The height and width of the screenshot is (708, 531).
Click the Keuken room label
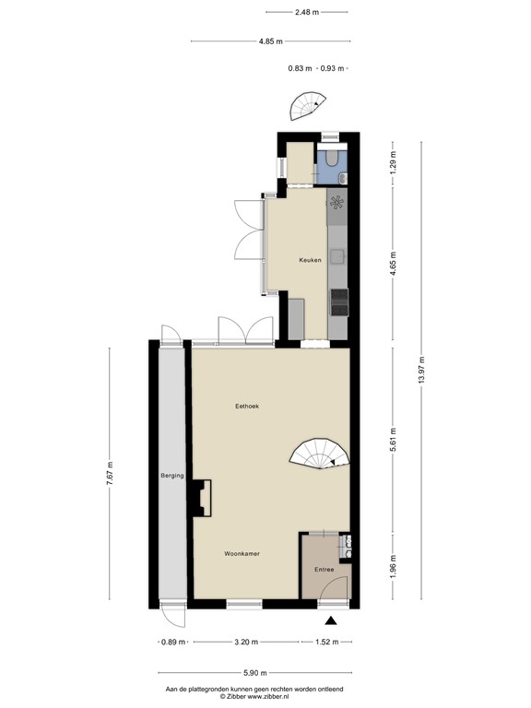[310, 261]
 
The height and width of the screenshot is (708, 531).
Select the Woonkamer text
[242, 554]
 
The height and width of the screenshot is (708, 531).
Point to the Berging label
[172, 476]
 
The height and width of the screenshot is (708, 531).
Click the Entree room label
[324, 570]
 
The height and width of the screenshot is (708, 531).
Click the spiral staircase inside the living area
[322, 453]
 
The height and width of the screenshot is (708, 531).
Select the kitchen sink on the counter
[337, 203]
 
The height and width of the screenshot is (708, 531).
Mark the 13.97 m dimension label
[421, 370]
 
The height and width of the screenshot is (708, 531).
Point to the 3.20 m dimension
[246, 643]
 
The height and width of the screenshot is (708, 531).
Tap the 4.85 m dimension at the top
[271, 41]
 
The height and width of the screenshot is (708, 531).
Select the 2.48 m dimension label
[307, 12]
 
